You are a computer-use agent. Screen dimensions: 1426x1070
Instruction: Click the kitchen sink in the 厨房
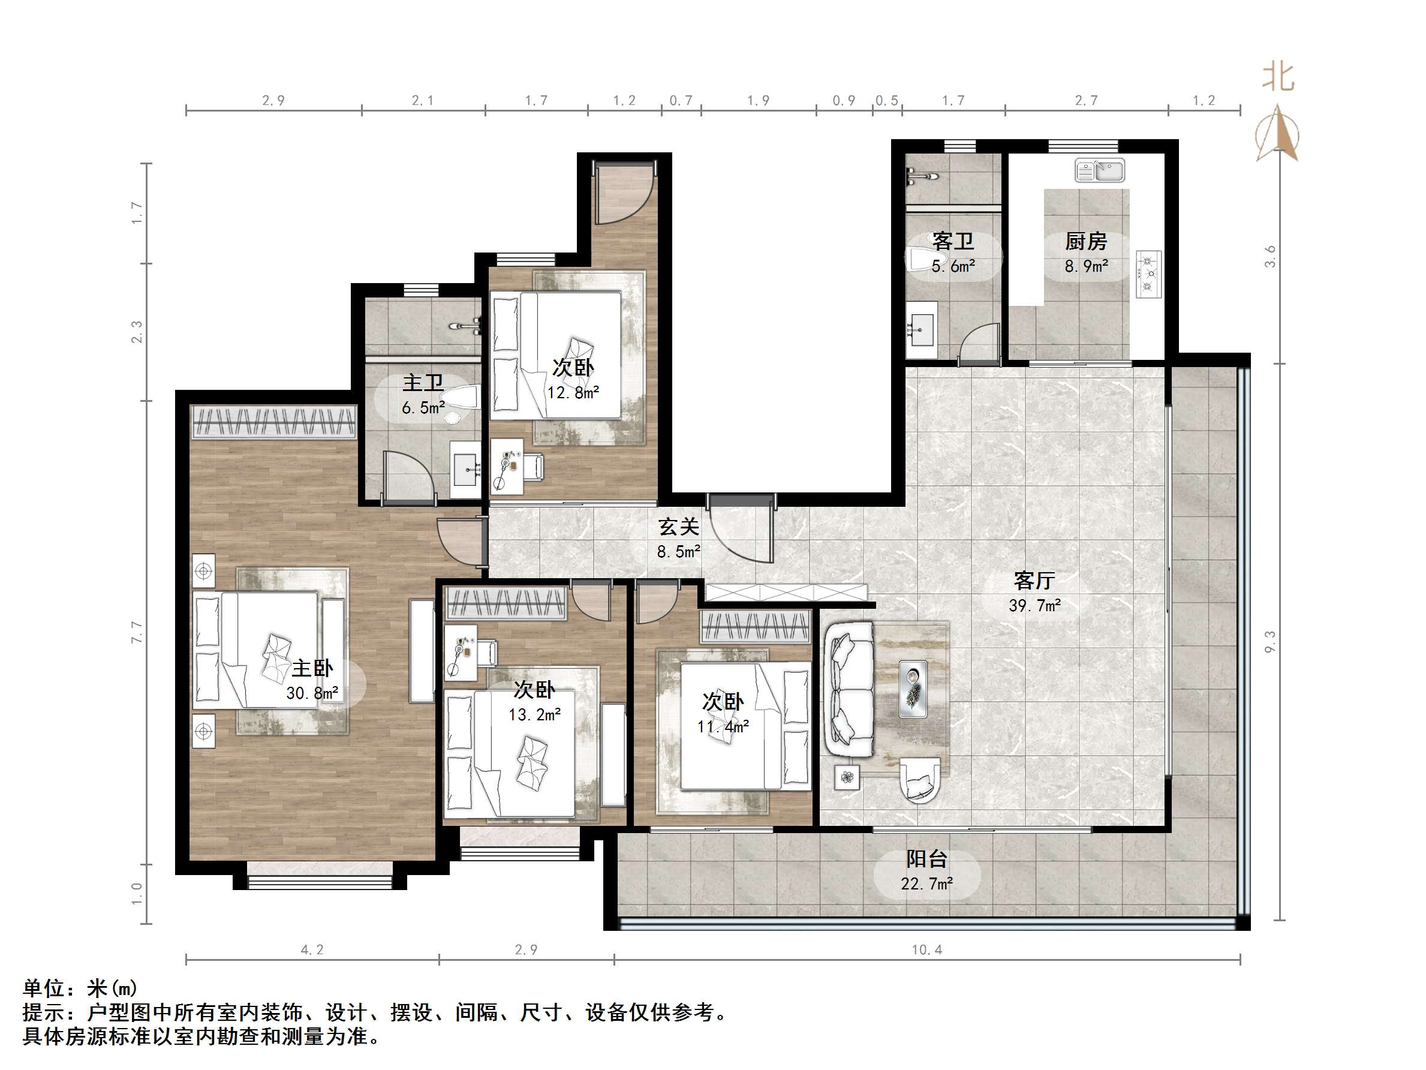point(1099,171)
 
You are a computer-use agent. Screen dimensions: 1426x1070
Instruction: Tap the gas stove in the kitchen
point(1149,274)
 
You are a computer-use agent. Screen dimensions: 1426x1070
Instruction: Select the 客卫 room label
point(953,241)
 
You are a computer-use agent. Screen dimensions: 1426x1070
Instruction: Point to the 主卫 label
point(423,383)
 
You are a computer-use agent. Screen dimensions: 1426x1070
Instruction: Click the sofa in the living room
point(850,688)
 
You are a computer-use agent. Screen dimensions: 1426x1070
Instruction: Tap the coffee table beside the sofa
point(913,689)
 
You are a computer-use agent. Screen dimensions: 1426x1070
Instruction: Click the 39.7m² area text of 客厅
point(1034,606)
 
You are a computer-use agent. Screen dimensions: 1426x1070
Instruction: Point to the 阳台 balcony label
point(927,859)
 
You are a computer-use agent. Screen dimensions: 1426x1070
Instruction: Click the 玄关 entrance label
point(678,527)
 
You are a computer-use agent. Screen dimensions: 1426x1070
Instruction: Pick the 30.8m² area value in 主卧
point(312,693)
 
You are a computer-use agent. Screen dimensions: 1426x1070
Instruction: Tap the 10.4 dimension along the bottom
point(927,949)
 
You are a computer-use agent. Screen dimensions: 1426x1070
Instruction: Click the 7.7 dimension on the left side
point(137,632)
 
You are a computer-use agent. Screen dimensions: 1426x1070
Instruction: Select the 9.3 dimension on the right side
point(1270,642)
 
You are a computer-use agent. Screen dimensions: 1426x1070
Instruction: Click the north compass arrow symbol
point(1278,134)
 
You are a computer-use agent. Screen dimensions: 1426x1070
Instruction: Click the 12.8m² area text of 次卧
point(573,392)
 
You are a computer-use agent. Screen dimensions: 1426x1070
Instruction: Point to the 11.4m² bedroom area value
point(723,726)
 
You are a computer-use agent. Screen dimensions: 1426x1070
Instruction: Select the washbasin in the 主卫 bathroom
point(465,469)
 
